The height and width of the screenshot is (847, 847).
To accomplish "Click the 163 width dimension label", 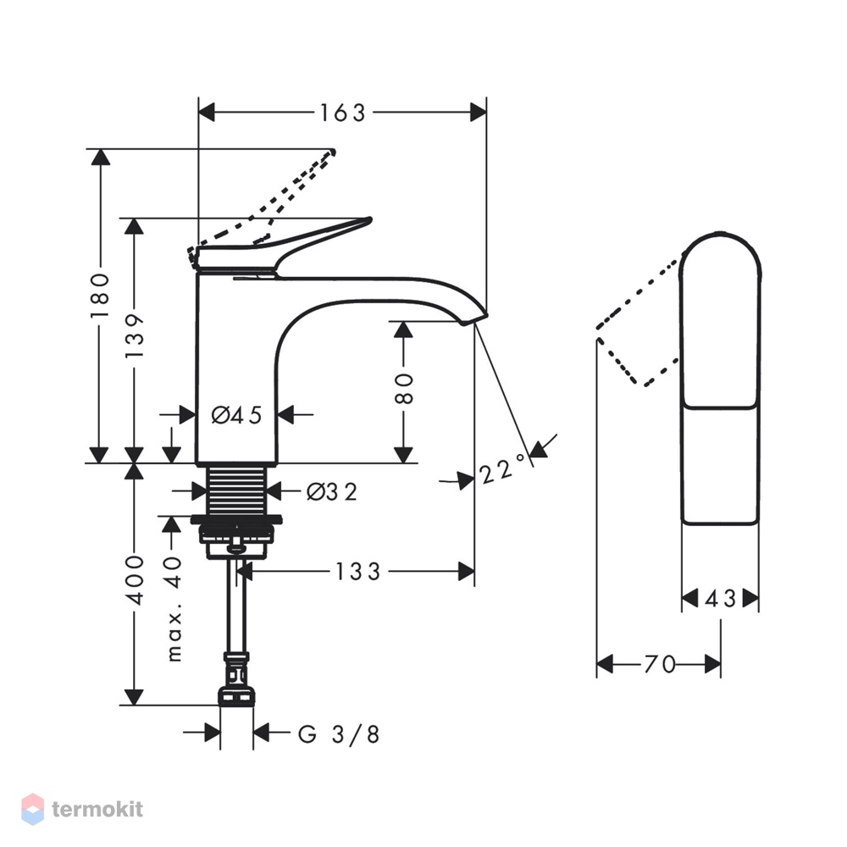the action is pos(343,113).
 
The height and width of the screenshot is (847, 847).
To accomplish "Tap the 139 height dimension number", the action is pos(135,335).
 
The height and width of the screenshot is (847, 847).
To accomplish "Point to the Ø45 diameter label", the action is pos(236,415).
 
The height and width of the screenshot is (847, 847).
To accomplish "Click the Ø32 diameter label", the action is pos(332,492).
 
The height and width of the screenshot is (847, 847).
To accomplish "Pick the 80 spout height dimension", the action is pos(404,388).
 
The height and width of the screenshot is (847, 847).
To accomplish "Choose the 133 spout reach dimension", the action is pos(358,572).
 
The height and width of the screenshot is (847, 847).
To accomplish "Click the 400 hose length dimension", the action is pos(135,581).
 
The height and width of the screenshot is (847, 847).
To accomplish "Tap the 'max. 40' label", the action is pos(174,609).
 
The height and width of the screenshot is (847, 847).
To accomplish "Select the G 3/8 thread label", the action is pos(339,734).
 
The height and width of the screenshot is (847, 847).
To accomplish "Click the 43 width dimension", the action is pos(721,599).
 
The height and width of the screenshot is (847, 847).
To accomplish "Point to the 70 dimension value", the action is pos(660,664).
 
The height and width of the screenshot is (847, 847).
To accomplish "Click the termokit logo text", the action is pos(97,809).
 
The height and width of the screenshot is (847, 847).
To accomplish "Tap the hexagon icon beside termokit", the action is pos(32,809).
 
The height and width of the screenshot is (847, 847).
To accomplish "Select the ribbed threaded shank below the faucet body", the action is pos(237,490).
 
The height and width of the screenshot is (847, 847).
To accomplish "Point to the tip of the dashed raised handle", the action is pos(333,152).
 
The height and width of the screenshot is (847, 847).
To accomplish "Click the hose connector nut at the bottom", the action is pos(236,696).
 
